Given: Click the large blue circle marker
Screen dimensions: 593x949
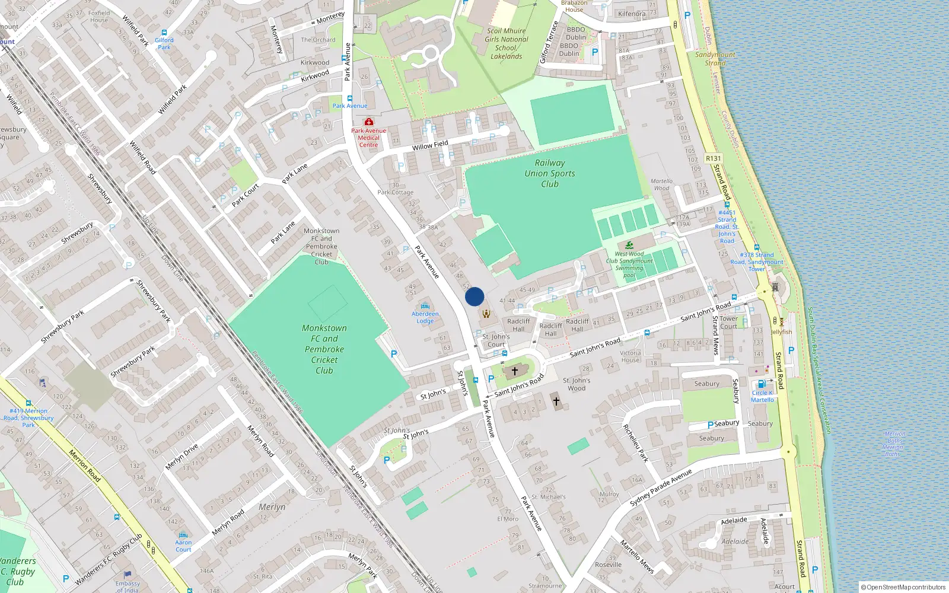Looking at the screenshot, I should (x=474, y=296).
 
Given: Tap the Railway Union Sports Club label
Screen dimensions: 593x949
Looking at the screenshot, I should (x=550, y=173).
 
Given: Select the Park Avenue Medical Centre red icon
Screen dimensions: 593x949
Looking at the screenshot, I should (x=368, y=122).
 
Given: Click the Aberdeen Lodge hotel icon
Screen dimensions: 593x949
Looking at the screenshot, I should (x=425, y=307).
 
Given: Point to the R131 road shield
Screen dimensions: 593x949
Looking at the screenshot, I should (x=713, y=158).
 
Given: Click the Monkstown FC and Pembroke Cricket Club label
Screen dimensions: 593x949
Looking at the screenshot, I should (x=324, y=349).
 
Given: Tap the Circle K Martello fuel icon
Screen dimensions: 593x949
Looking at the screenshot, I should (x=762, y=384).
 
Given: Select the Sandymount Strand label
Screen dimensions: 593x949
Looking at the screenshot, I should (x=715, y=58).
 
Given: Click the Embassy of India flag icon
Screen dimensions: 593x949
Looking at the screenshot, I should (x=128, y=575).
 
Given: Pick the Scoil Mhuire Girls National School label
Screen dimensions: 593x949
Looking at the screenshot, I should (x=506, y=43).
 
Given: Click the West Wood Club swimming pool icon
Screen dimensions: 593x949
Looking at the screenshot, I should (x=629, y=245).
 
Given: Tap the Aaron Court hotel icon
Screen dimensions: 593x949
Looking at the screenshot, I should (x=183, y=534).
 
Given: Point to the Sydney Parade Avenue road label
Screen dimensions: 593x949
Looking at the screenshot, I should (x=661, y=487).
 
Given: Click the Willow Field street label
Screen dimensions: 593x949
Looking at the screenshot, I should (x=430, y=145).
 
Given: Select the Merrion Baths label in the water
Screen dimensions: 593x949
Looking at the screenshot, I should (x=894, y=444).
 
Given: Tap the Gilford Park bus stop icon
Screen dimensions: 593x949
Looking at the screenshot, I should (x=164, y=33).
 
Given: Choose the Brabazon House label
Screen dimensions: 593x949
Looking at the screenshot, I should (x=574, y=6).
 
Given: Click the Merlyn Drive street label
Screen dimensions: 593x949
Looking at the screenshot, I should (x=181, y=457).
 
